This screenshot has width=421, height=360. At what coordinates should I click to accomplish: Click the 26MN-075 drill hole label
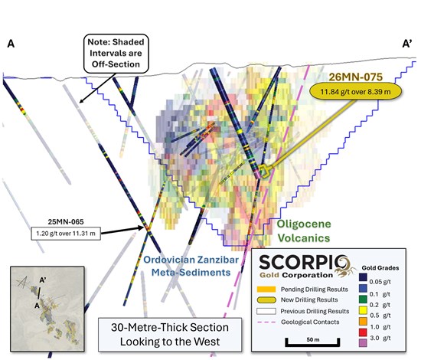[355, 77]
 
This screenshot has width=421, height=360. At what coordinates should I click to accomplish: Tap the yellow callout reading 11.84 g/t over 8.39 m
[355, 92]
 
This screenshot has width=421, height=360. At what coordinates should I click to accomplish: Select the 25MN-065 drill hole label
[66, 222]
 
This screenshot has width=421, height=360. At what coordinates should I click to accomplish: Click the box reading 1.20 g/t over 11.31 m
[66, 233]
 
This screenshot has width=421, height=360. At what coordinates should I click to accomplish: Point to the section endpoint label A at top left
[11, 44]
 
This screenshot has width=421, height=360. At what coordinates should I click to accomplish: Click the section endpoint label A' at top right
[407, 44]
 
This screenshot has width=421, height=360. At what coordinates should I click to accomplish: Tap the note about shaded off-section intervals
[116, 53]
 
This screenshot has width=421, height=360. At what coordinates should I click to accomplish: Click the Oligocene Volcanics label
[304, 231]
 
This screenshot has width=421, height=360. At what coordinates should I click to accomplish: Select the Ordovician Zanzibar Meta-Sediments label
[191, 266]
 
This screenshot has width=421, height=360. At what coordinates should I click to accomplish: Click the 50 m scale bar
[312, 343]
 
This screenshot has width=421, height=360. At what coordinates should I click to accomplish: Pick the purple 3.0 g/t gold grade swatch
[363, 343]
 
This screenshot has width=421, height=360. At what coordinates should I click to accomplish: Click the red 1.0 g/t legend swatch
[363, 332]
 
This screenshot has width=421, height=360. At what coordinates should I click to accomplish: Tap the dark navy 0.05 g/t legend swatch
[363, 277]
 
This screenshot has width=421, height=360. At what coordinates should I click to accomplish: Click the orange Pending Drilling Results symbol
[266, 289]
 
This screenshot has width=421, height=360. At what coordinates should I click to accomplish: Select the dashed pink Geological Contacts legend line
[266, 322]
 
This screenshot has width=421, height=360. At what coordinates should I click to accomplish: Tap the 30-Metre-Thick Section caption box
[170, 335]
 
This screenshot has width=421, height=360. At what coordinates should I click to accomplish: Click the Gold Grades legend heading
[380, 268]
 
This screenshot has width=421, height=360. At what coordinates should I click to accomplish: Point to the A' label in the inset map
[43, 280]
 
